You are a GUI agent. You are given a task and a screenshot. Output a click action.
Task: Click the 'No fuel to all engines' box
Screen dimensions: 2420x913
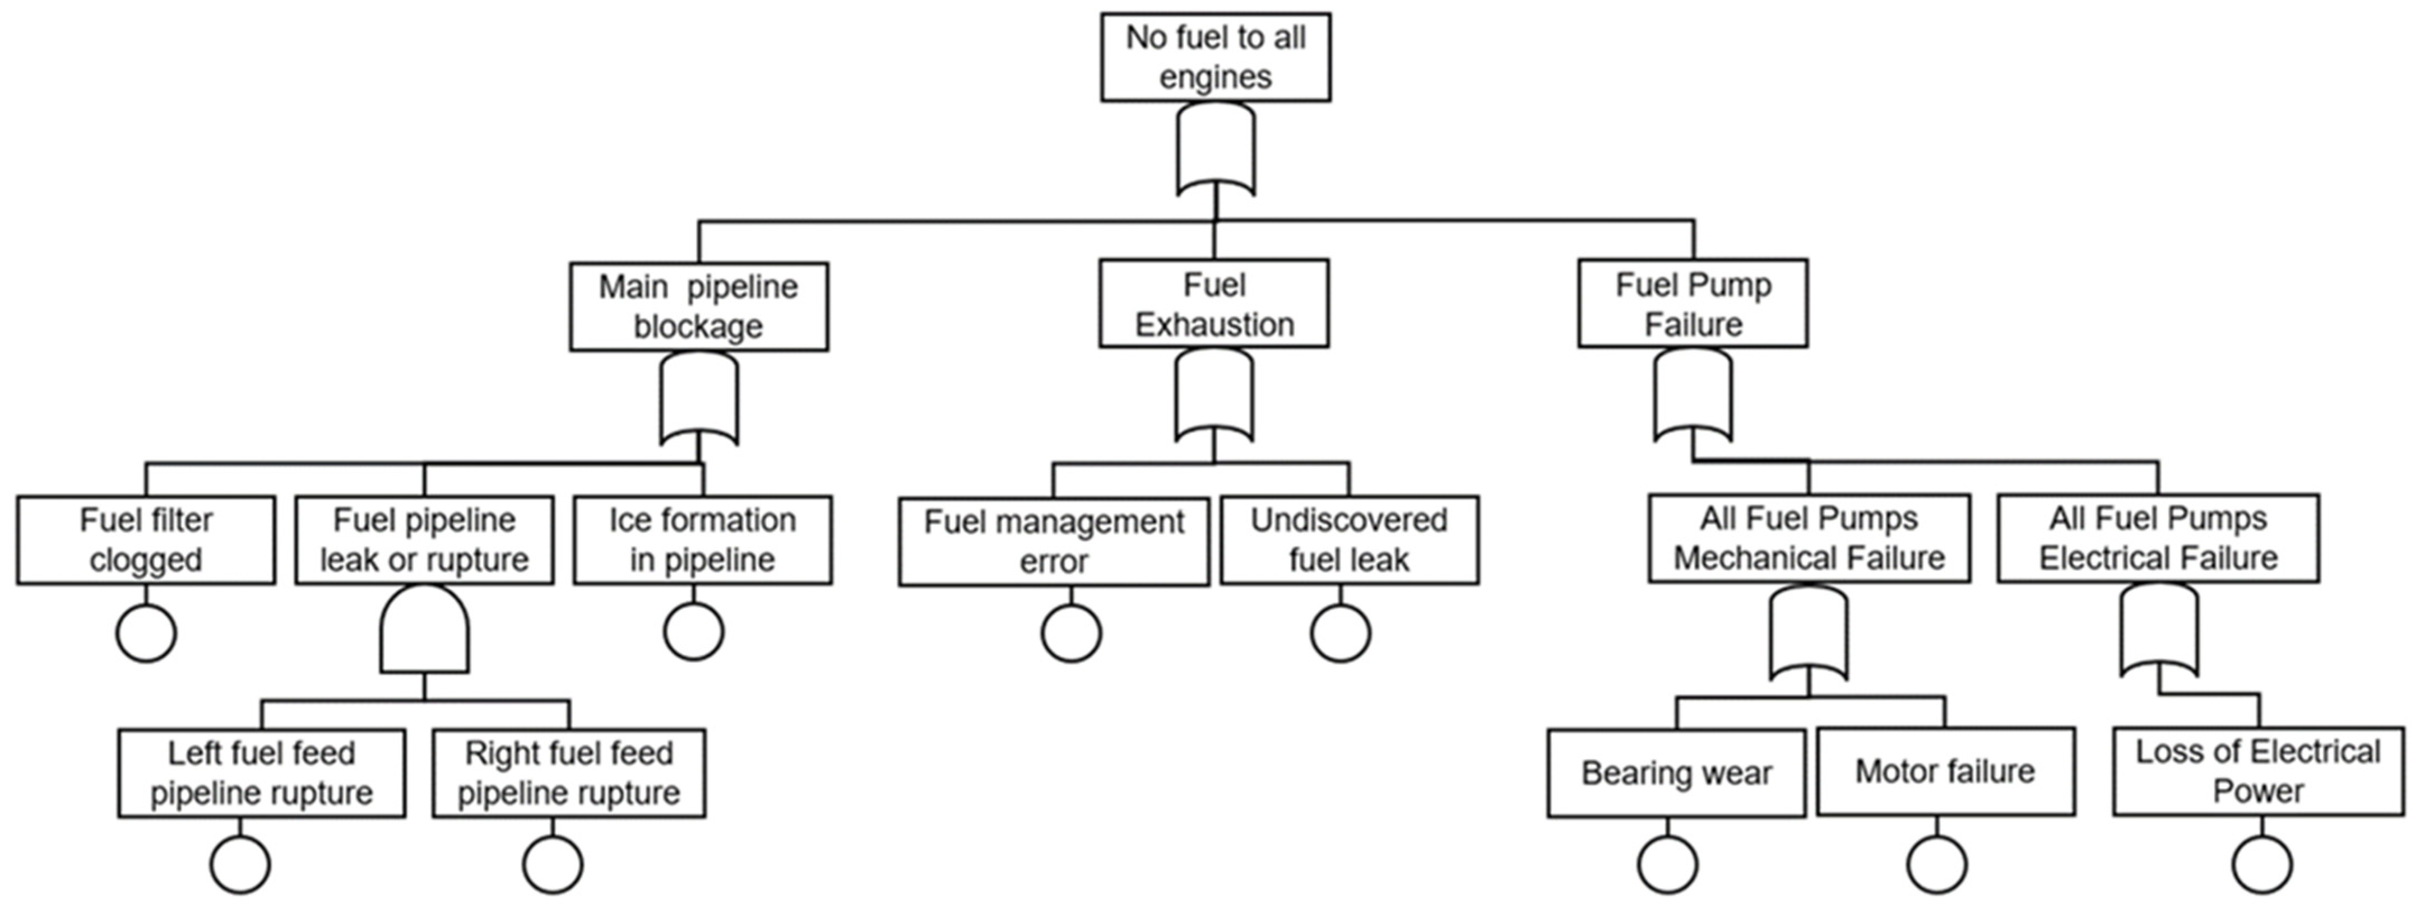point(1216,57)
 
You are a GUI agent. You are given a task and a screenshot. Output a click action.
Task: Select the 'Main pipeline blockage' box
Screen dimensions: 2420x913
point(699,306)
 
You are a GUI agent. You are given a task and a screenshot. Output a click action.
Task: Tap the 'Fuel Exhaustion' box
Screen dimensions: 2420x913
point(1214,304)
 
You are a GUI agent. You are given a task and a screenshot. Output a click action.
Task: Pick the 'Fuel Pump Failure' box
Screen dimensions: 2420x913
point(1693,304)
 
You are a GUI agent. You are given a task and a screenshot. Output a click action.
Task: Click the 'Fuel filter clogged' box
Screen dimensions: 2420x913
point(146,540)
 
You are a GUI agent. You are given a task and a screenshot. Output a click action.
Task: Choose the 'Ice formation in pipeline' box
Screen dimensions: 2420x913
point(703,540)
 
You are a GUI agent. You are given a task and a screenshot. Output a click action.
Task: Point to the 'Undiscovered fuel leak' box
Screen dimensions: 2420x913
point(1349,540)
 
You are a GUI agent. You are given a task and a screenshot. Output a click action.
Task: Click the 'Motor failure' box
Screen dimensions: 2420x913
point(1945,771)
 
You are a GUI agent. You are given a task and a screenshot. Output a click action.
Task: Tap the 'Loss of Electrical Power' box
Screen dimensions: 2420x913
point(2259,771)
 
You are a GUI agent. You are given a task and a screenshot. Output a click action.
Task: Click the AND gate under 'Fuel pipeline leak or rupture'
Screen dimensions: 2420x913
point(425,630)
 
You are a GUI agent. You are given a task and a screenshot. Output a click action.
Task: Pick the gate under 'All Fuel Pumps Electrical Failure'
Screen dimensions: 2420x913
point(2159,630)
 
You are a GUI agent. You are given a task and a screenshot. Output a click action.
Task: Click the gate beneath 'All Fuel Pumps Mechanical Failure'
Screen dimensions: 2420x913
point(1809,631)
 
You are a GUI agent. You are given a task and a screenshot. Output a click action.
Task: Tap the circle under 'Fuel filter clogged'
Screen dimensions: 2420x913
point(146,633)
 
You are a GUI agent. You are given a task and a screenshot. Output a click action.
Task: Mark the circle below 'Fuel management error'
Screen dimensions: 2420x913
point(1071,633)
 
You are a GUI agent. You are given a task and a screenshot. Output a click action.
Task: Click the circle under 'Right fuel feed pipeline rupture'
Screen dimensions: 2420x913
point(553,864)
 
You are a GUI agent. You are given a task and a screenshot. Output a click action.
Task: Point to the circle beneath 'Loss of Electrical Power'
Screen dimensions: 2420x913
point(2262,864)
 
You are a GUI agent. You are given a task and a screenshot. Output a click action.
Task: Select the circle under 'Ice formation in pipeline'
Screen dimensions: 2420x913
point(693,631)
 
